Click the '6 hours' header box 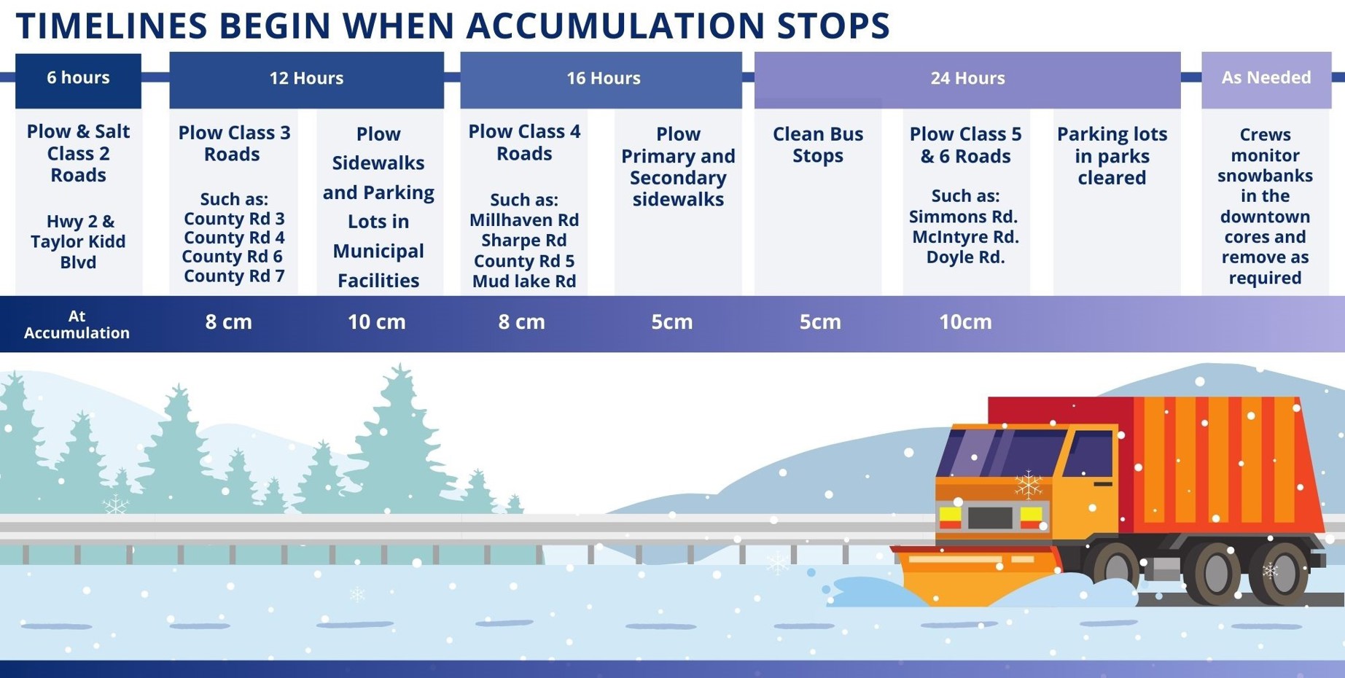click(78, 80)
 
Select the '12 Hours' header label click(306, 78)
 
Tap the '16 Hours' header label click(604, 78)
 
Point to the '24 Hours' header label click(967, 78)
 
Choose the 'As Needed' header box click(1266, 80)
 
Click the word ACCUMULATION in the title click(616, 26)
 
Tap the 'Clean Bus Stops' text click(818, 144)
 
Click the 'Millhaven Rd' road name click(524, 220)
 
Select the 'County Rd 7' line click(234, 276)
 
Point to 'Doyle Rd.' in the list click(965, 257)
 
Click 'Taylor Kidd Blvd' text click(78, 252)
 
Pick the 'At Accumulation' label click(77, 324)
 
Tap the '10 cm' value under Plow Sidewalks click(376, 322)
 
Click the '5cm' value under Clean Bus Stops click(820, 322)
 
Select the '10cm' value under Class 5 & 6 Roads click(965, 322)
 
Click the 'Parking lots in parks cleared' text click(1112, 155)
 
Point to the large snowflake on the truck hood click(1028, 484)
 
